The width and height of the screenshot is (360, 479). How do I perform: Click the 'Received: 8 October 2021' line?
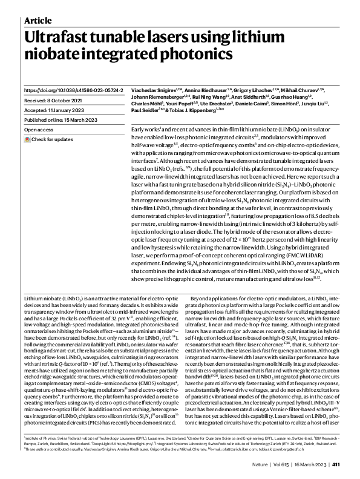54,100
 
